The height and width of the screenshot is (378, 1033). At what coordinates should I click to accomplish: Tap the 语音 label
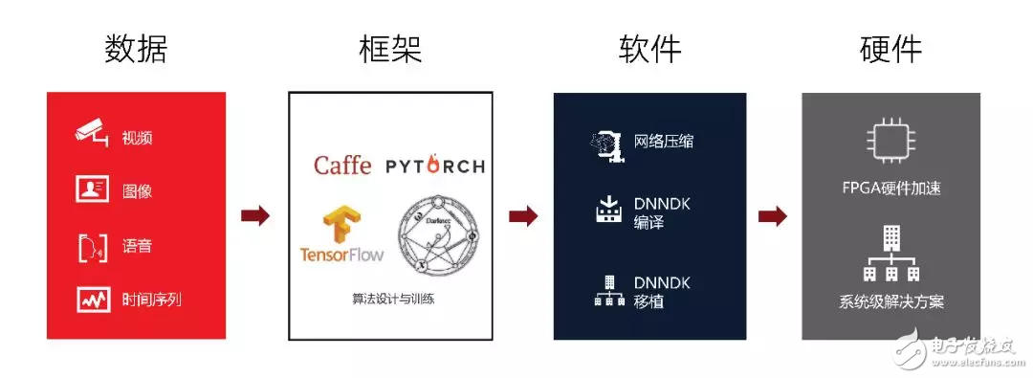coord(138,246)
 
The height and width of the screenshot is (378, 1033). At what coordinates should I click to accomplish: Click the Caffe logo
coord(342,166)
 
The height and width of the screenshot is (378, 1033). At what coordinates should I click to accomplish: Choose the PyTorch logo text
coord(435,167)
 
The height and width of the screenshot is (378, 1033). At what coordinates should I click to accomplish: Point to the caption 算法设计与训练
coord(389,300)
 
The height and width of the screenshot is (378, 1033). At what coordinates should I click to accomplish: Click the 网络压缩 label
coord(664,142)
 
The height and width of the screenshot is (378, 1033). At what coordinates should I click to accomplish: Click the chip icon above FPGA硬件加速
coord(890,140)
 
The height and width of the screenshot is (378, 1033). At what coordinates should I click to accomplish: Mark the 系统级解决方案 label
coord(890,302)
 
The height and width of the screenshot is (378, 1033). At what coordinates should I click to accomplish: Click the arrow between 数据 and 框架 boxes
coord(255,216)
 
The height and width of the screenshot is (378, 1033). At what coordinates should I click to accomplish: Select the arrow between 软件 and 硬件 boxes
coord(772,216)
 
